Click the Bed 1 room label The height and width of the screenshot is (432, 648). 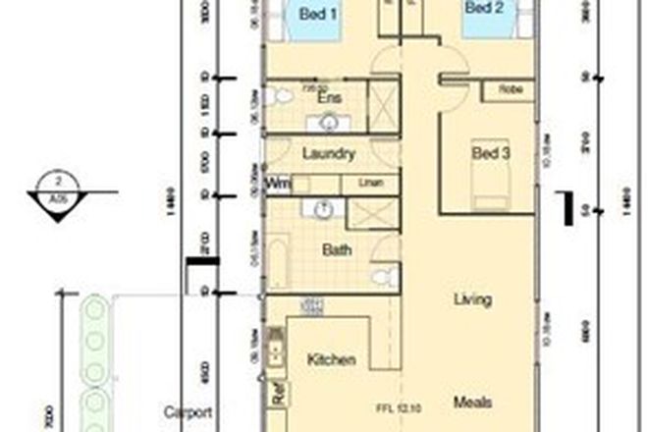(x=318, y=15)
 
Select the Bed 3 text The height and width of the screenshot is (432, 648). (x=491, y=153)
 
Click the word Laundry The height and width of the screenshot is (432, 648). (x=328, y=154)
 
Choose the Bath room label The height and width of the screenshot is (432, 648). (x=337, y=250)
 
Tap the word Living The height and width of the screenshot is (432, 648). (x=472, y=299)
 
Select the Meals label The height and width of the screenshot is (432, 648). (x=472, y=402)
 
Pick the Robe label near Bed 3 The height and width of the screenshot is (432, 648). (x=511, y=89)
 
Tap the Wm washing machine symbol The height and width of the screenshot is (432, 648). (x=278, y=184)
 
